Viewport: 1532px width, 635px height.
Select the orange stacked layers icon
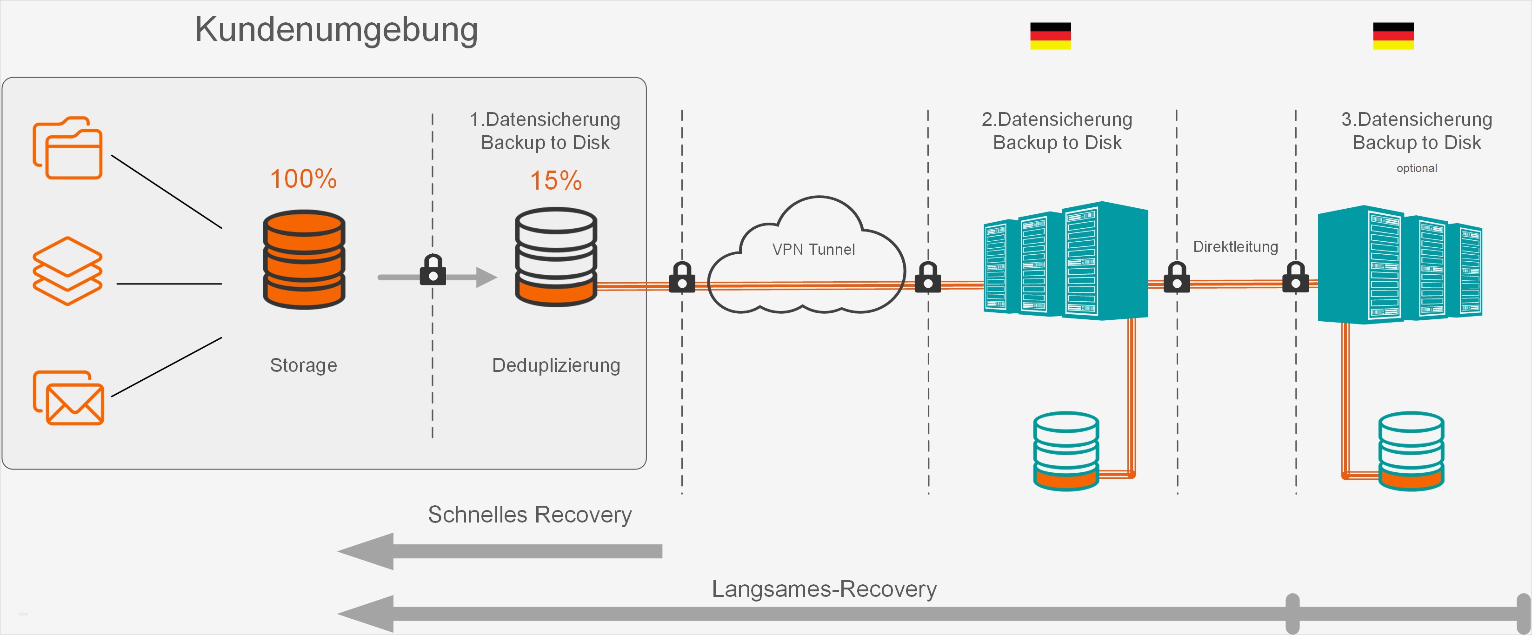[67, 271]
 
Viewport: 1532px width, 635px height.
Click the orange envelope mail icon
[68, 398]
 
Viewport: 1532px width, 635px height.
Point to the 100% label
[303, 179]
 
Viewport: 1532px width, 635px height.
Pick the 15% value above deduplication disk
[555, 181]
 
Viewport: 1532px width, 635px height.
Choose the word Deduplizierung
[555, 365]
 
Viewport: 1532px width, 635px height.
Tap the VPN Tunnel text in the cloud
[813, 250]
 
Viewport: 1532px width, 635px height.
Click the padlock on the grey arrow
[433, 270]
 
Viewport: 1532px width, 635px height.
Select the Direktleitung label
[1235, 247]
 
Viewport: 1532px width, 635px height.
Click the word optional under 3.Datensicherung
[1417, 168]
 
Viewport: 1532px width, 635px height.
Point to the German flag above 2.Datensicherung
[1050, 36]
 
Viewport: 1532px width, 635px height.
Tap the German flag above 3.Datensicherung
[1393, 36]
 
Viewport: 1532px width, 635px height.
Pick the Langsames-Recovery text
[824, 589]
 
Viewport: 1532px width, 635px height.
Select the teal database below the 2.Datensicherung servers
[1066, 451]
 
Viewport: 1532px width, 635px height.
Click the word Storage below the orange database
[303, 365]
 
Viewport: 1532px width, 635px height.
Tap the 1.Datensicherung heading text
[545, 119]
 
